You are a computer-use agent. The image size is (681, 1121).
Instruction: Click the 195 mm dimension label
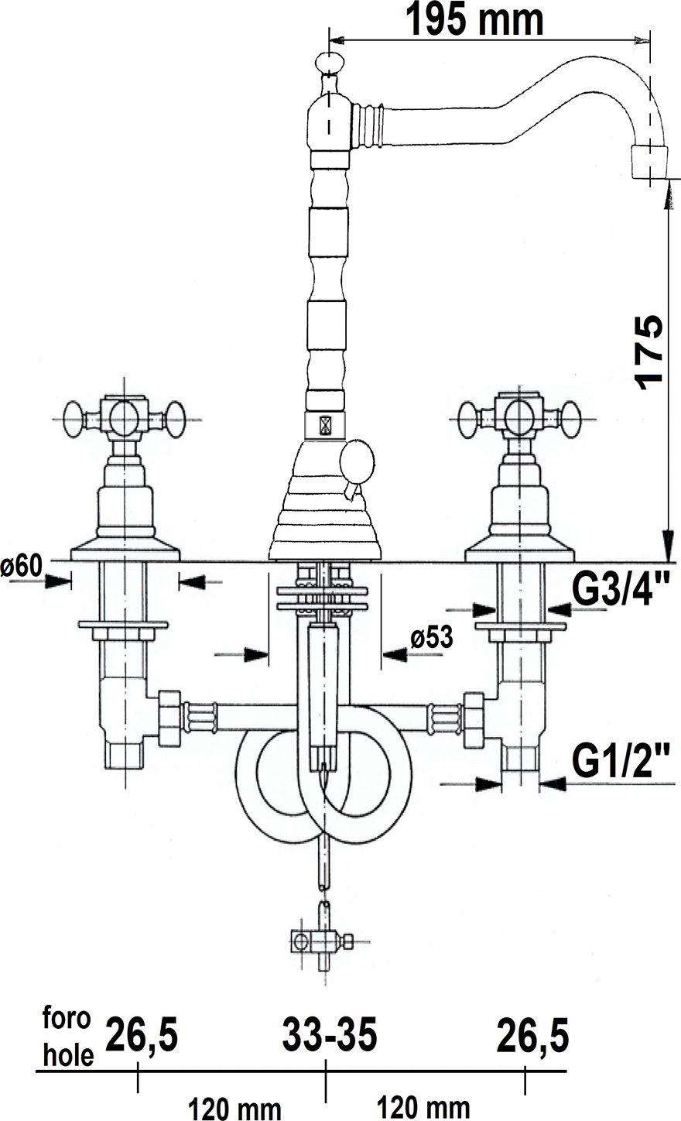[x=474, y=20]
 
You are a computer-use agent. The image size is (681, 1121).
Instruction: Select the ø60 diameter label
[x=21, y=566]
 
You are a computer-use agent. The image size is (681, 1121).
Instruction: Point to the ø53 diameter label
[x=431, y=638]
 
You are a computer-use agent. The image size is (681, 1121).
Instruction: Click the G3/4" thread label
[x=621, y=591]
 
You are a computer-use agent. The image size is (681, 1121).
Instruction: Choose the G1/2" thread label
[x=621, y=763]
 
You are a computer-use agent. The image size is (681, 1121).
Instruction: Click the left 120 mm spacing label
[x=234, y=1108]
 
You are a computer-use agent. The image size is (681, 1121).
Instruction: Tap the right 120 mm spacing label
[x=423, y=1107]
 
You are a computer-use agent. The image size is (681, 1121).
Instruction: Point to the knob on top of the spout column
[x=328, y=63]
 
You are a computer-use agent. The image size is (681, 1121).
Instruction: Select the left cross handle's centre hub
[x=125, y=418]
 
